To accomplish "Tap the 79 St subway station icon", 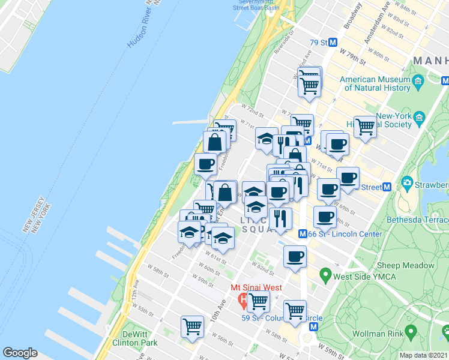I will (333, 43).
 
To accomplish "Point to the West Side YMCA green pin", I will (325, 276).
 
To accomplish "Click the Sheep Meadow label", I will (405, 265).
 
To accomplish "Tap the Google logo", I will (20, 353).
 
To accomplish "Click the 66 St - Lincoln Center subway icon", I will (303, 233).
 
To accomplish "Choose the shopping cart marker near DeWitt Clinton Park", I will (192, 326).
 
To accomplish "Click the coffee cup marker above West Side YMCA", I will (294, 256).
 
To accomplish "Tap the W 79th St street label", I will (352, 58).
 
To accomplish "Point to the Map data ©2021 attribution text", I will (424, 355).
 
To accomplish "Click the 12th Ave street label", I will (139, 299).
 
